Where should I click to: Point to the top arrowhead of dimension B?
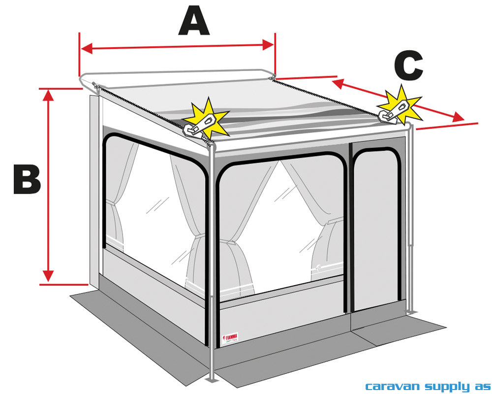48,95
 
